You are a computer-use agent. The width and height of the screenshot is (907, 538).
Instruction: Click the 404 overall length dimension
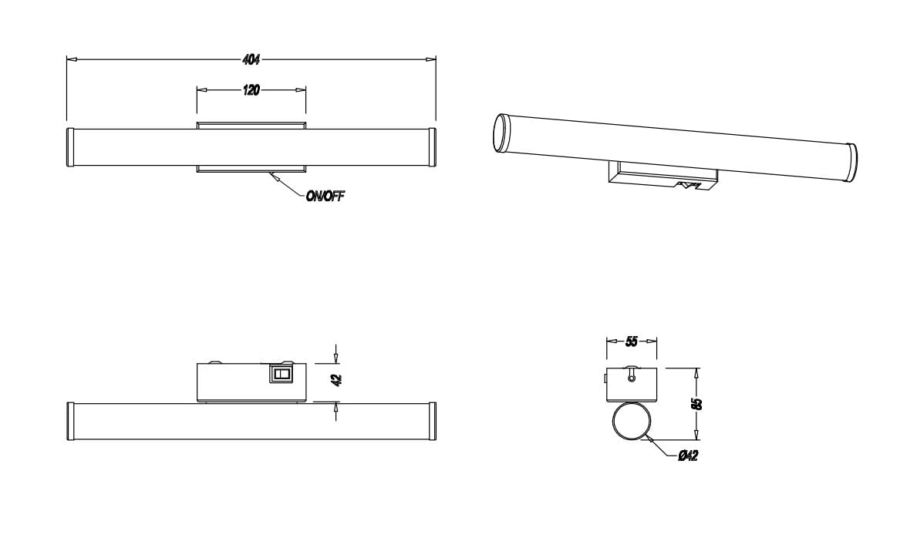point(251,59)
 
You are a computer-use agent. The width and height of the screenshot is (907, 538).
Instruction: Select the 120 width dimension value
point(251,90)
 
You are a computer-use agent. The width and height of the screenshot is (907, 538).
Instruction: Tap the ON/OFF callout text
point(325,197)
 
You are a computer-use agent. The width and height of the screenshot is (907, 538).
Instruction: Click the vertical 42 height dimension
point(337,380)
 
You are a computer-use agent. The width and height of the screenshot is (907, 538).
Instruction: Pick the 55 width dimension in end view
point(632,341)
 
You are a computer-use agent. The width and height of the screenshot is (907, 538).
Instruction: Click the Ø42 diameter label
point(688,456)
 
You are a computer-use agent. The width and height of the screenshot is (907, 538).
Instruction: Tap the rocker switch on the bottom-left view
point(281,374)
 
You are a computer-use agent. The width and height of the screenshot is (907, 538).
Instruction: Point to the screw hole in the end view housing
point(632,378)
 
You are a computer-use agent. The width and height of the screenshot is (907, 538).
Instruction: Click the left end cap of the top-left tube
point(70,147)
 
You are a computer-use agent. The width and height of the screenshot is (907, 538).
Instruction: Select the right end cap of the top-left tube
point(432,147)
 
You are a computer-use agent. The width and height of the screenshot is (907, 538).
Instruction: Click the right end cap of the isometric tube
point(852,163)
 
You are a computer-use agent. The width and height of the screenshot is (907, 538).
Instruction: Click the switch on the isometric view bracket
point(687,185)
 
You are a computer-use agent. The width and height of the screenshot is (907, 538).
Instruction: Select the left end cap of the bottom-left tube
point(70,422)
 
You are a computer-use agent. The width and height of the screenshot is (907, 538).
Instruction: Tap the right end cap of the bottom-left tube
point(432,422)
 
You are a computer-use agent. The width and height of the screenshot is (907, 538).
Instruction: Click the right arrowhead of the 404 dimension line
point(431,59)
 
